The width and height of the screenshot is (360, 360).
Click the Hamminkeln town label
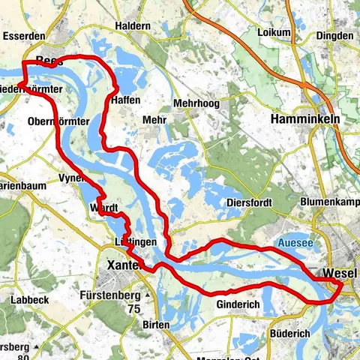point(304,118)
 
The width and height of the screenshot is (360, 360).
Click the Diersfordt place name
point(250,202)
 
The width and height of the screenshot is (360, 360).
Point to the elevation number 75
point(134,308)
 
